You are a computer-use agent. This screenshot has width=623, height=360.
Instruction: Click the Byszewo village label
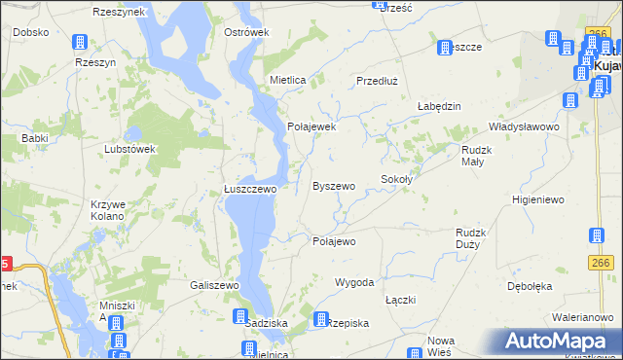point(333,185)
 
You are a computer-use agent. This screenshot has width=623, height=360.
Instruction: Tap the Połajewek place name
point(311,126)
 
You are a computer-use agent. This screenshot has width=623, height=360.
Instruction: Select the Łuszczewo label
point(250,190)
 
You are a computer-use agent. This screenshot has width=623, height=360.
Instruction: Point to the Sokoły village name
point(397,180)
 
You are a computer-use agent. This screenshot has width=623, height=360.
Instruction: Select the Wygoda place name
point(354,282)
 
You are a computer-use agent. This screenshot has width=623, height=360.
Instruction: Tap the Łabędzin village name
point(438,106)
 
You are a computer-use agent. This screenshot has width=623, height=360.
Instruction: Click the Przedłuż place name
point(379,81)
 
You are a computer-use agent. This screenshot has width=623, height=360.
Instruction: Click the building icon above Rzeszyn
point(80,43)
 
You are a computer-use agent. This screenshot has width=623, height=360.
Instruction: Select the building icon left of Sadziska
point(239,317)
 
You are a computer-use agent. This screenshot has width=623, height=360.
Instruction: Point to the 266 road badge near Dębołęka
point(599,263)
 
